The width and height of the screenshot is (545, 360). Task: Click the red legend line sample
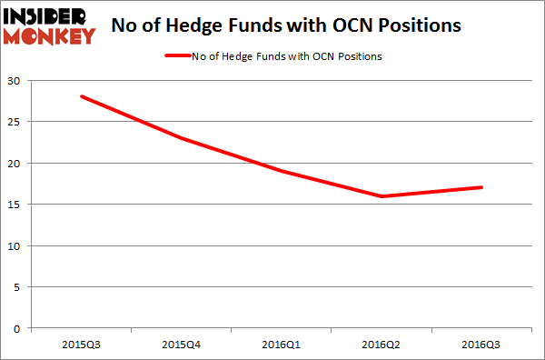(186, 56)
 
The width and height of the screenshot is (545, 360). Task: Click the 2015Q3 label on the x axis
(81, 345)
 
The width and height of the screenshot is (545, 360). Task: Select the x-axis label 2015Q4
(183, 345)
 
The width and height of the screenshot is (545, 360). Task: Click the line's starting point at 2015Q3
(81, 96)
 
